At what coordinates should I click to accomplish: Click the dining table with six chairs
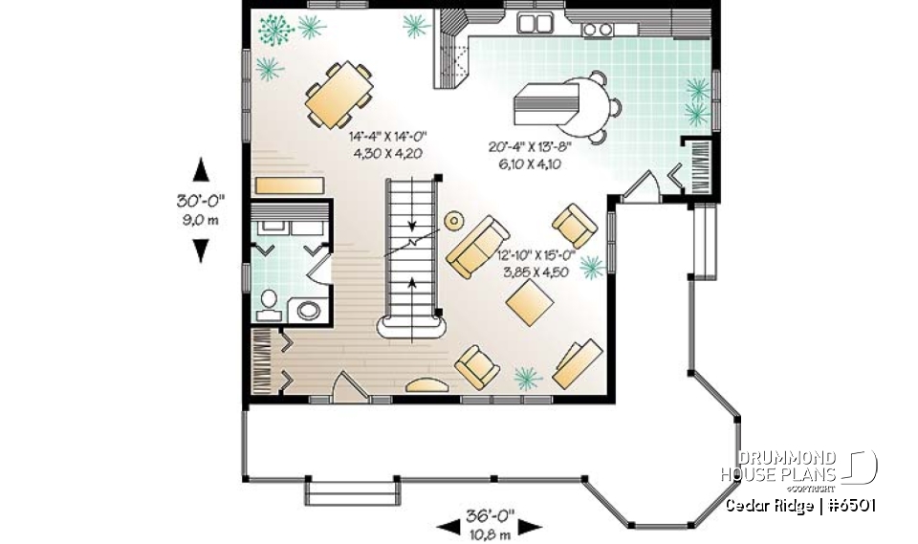[339, 96]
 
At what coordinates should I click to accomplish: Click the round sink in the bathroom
[309, 310]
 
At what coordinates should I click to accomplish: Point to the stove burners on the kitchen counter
[598, 30]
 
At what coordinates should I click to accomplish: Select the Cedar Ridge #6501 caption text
[799, 505]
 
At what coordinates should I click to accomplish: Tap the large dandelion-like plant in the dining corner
[276, 30]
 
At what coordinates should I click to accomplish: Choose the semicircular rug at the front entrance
[426, 385]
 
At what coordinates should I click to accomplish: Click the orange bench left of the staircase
[290, 184]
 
